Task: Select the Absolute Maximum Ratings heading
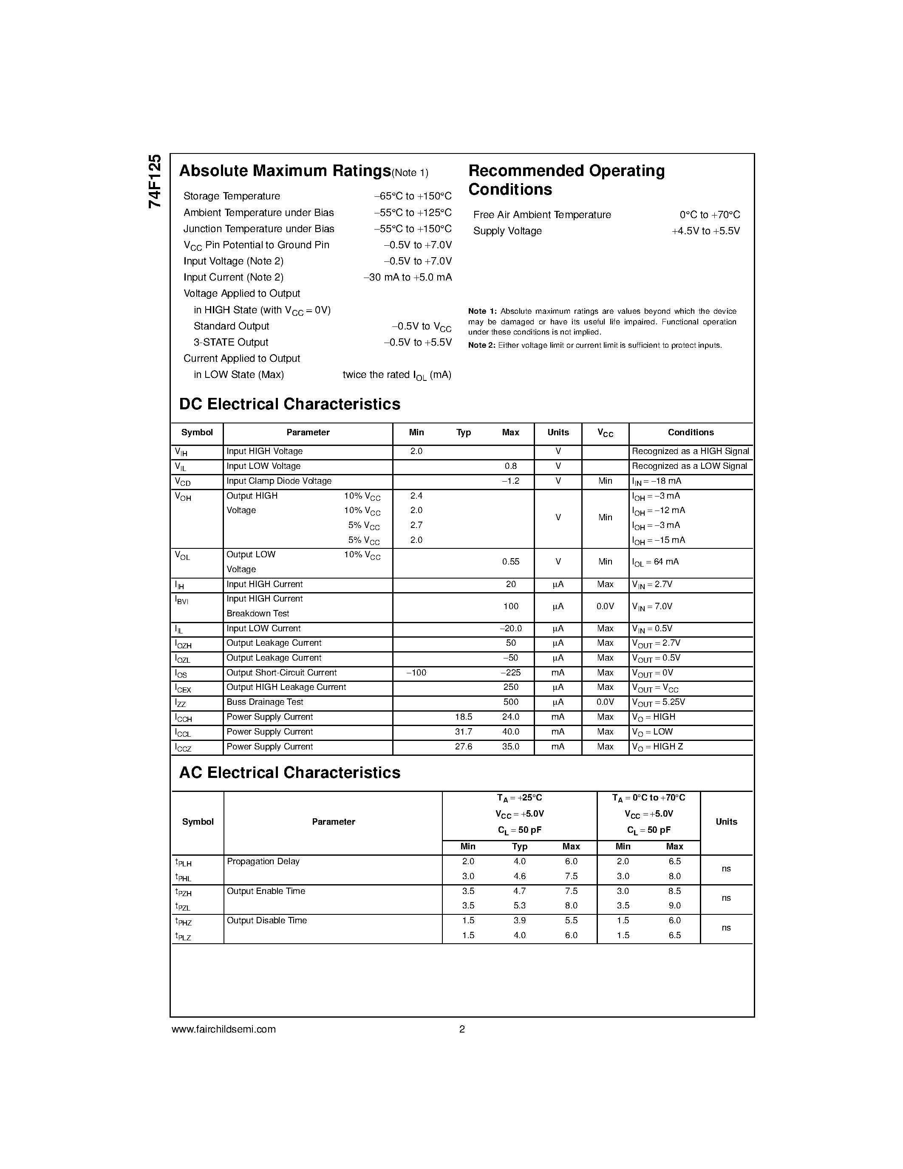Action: tap(285, 171)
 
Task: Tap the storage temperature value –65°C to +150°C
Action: tap(413, 196)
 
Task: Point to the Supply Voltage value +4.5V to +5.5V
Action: tap(705, 231)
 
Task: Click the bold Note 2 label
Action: tap(481, 345)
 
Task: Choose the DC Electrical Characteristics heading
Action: tap(289, 404)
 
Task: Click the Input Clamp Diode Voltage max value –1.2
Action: tap(510, 481)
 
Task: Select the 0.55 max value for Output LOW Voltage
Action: tap(510, 562)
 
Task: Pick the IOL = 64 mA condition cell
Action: tap(655, 562)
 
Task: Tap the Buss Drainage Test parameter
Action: tap(265, 702)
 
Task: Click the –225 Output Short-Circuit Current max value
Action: tap(510, 673)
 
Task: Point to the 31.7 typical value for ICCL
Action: tap(463, 732)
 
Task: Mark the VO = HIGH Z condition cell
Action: tap(657, 747)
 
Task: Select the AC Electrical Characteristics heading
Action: tap(289, 773)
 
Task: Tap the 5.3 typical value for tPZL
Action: tap(519, 905)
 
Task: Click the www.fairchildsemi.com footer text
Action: tap(224, 1029)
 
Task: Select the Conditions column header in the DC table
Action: tap(691, 432)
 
